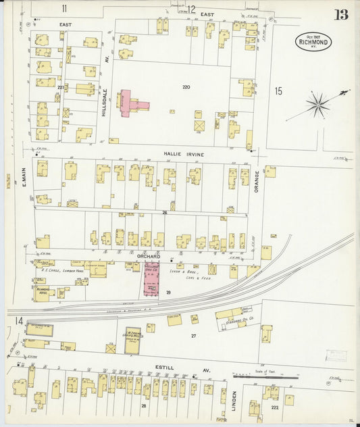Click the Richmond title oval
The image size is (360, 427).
tap(313, 41)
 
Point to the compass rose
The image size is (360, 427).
tap(317, 105)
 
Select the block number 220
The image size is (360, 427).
tap(186, 87)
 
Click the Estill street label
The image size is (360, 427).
tap(164, 368)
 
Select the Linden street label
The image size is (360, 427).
tap(234, 401)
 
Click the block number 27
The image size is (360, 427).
tap(193, 335)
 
